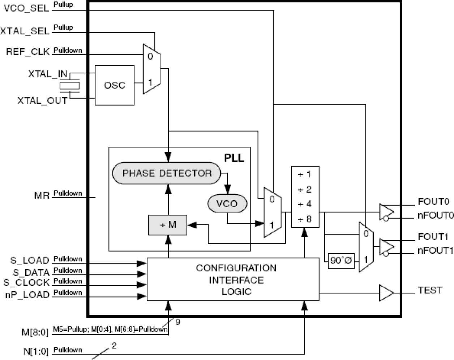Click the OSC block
tap(114, 85)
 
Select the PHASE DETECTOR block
tap(167, 173)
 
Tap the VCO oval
tap(227, 204)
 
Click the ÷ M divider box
tap(168, 225)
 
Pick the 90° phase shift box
tap(341, 260)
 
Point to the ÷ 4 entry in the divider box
tap(305, 204)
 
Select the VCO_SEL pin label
tap(26, 8)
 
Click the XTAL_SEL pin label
tap(25, 31)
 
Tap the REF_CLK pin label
tap(27, 52)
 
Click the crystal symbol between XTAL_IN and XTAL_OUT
tap(69, 86)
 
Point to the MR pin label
tap(42, 196)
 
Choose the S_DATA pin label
tap(31, 272)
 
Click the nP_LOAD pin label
tap(27, 295)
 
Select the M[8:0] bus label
tap(35, 331)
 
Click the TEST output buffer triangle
tap(386, 293)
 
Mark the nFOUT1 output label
tap(435, 250)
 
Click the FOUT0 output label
tap(433, 202)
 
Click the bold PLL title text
tap(234, 158)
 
